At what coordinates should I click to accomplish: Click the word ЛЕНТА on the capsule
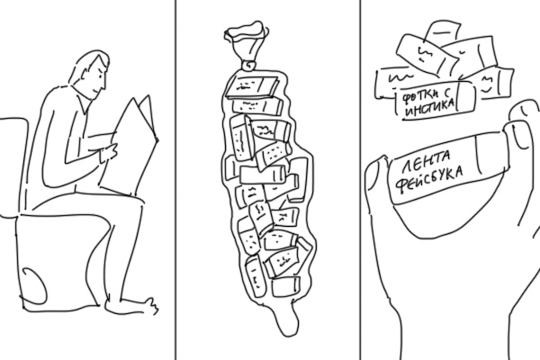coord(427,161)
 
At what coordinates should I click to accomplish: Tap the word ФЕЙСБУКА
coord(429,181)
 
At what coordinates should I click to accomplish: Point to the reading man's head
coord(90,74)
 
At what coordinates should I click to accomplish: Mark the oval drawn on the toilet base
coord(33,286)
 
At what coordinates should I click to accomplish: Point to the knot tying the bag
coord(248,65)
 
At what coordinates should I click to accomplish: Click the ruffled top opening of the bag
coord(246,31)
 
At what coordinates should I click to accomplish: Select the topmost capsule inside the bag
coord(252,86)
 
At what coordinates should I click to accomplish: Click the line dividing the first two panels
coord(175,180)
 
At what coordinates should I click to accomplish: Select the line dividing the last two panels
coord(361,180)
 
